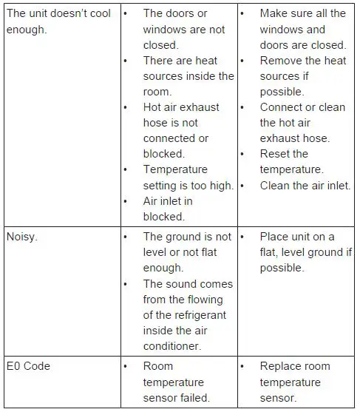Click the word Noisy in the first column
[x=21, y=237]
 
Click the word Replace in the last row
[x=280, y=366]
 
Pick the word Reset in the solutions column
[x=274, y=154]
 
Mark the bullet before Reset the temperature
[x=242, y=154]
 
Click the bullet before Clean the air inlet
[x=242, y=186]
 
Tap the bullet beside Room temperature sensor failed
[x=126, y=366]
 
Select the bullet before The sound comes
[x=126, y=284]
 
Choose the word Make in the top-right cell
[x=274, y=13]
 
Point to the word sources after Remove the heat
[x=281, y=76]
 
